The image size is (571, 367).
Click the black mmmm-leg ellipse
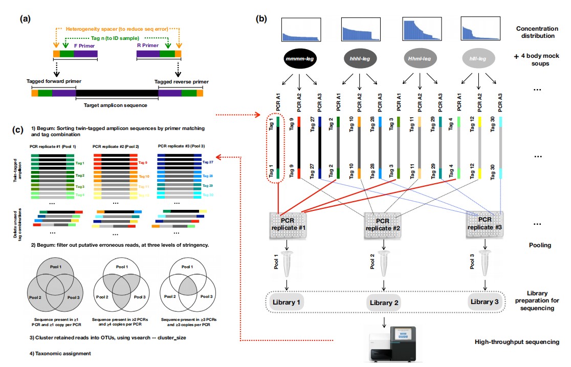click(x=300, y=59)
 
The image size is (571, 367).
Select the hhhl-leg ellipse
click(x=361, y=59)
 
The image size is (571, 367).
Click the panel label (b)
click(x=261, y=19)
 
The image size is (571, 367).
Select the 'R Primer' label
click(x=147, y=45)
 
